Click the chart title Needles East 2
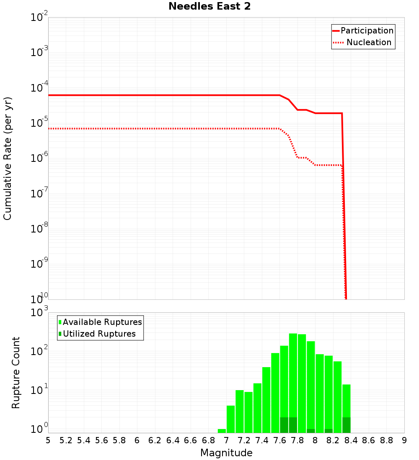click(x=209, y=6)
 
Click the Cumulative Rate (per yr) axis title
click(x=8, y=158)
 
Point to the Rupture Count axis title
click(x=16, y=373)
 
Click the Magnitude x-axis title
click(x=226, y=453)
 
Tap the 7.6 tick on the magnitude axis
click(x=279, y=440)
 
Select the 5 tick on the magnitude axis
click(x=48, y=440)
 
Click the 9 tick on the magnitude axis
click(x=404, y=440)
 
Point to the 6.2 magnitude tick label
click(x=155, y=440)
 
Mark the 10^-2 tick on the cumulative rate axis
click(x=39, y=18)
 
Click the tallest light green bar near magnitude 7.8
click(x=293, y=376)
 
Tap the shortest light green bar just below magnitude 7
click(x=222, y=431)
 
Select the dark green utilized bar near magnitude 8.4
click(x=346, y=425)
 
